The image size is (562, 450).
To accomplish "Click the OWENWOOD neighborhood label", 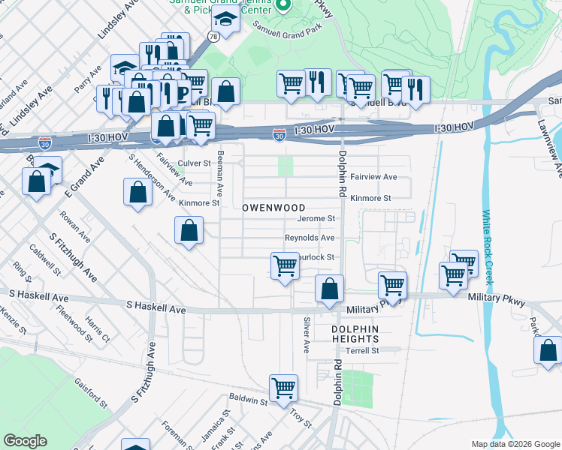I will click(273, 207).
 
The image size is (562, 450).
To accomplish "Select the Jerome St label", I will click(316, 219).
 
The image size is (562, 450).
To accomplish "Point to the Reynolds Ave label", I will click(309, 238).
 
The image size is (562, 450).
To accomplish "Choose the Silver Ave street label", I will click(307, 335).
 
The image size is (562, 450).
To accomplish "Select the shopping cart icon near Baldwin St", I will click(284, 388).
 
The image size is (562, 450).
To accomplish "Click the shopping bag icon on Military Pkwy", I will click(329, 289).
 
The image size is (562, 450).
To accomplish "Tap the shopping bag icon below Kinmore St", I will click(189, 230).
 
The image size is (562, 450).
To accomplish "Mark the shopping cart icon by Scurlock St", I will click(285, 266).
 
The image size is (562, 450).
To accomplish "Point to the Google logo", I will click(25, 441).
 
